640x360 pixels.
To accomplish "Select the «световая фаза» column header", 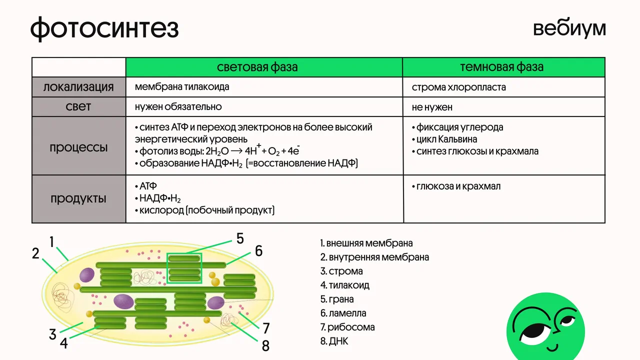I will [257, 67].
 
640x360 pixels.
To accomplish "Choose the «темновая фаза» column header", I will [501, 67].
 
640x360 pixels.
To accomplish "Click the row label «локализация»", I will [78, 87].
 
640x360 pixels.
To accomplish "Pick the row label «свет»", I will [78, 106].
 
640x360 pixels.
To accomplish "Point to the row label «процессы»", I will [78, 148].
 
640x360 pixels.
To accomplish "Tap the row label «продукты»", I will [78, 198].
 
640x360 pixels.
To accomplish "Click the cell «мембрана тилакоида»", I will [182, 86].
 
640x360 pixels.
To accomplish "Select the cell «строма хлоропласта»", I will [459, 87].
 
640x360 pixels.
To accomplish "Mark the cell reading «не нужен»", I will [432, 107].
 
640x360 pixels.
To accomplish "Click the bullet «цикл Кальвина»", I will [444, 139].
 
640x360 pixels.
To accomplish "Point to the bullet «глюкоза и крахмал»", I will [456, 186].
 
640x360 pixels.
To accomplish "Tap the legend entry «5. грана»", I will [337, 299].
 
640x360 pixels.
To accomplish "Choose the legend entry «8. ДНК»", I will [334, 341].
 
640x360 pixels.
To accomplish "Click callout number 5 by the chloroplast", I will [240, 238].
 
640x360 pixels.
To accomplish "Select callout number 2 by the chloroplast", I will [35, 253].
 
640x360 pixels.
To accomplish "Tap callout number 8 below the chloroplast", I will [265, 345].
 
